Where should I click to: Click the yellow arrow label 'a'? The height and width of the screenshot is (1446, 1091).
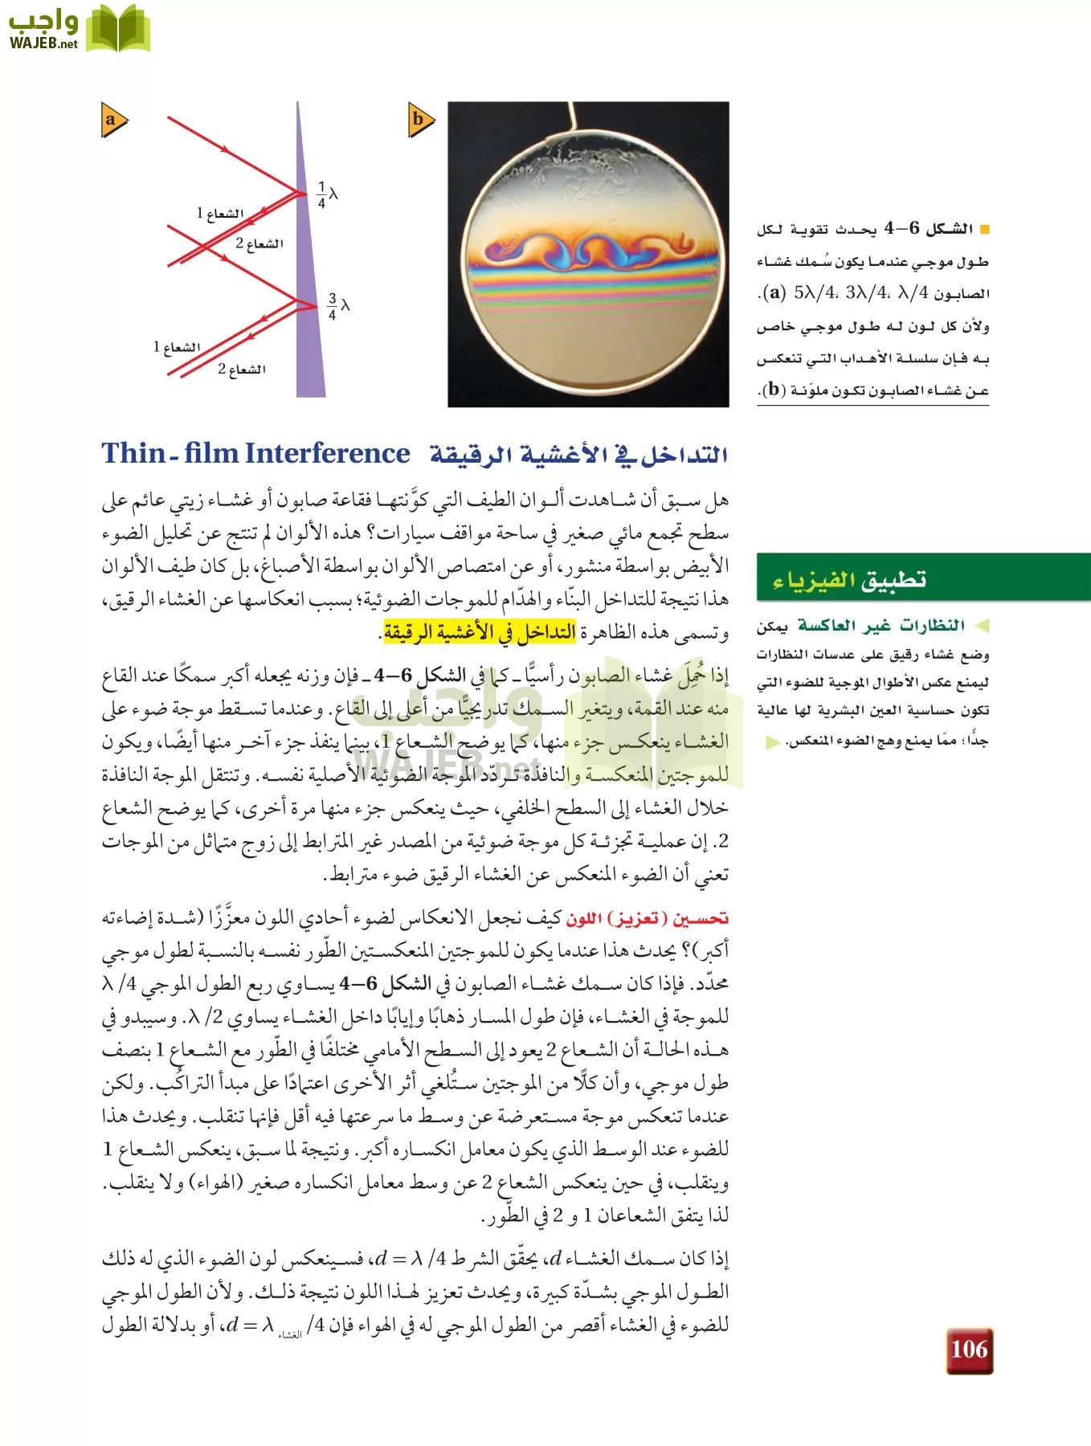coord(113,120)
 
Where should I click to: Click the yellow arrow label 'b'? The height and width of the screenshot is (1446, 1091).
coord(420,120)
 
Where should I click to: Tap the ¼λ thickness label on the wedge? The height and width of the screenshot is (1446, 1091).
coord(327,194)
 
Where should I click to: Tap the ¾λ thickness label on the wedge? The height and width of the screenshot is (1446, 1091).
coord(337,306)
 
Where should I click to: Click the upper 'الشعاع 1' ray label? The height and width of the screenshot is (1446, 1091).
coord(220,213)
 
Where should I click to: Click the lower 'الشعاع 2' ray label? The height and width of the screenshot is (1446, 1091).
coord(241,370)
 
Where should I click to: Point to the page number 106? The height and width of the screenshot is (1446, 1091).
coord(969,1349)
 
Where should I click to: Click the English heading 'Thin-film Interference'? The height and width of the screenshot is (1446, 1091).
coord(255,454)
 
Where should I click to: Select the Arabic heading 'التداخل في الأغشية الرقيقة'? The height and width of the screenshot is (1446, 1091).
coord(578,455)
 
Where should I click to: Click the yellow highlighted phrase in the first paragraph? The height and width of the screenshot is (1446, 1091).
coord(480,633)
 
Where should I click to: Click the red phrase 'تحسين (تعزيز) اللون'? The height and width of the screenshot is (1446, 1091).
coord(648,917)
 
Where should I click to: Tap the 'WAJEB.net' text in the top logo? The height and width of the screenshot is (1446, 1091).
coord(43,43)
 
